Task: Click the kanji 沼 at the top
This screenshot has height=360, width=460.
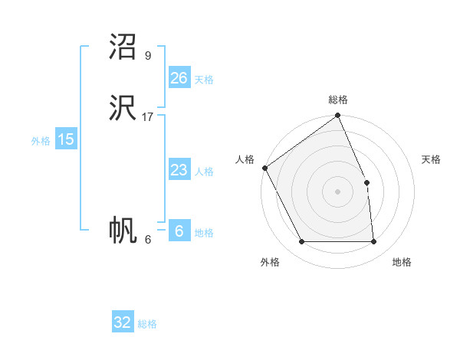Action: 123,47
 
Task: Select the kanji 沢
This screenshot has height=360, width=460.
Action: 123,109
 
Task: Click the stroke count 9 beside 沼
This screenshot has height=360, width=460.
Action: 148,55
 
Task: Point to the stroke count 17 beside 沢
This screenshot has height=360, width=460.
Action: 148,116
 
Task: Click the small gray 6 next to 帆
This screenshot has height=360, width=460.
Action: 148,239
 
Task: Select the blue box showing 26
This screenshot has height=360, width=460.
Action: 179,78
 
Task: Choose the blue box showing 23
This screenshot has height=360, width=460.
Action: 179,170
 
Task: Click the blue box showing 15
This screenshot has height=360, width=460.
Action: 66,139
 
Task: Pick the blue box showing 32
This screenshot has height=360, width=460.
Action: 123,322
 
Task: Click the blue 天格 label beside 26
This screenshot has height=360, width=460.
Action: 204,80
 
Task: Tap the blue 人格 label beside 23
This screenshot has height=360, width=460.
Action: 204,172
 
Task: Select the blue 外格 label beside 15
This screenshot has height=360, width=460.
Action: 41,141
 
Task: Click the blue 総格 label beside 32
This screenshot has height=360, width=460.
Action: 147,324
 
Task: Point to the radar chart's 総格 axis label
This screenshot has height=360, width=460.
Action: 338,100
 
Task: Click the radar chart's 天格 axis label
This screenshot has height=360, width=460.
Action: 431,159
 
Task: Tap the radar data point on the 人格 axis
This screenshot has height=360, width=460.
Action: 264,168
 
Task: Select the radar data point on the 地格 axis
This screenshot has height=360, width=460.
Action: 373,242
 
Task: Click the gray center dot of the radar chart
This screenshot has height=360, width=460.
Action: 338,191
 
